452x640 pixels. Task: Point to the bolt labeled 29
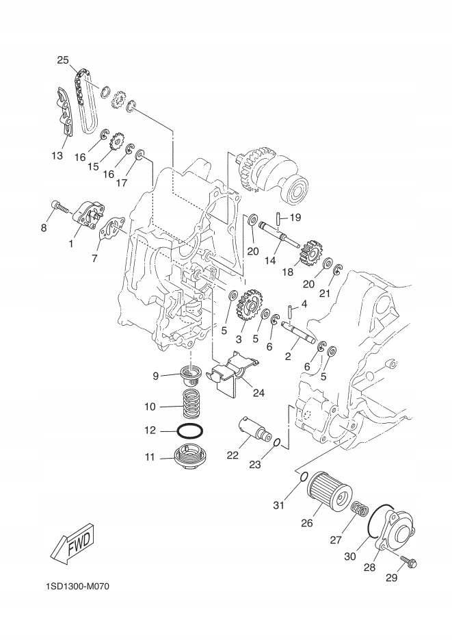click(410, 561)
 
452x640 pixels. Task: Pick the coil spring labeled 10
click(190, 405)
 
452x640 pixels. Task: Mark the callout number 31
click(278, 506)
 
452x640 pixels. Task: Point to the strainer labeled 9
click(190, 376)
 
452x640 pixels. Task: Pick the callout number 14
click(269, 261)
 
